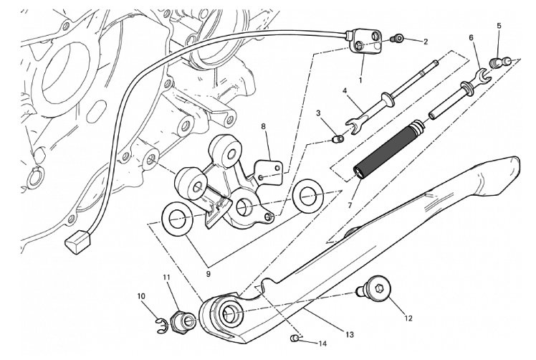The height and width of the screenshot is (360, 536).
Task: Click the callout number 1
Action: pos(360,80)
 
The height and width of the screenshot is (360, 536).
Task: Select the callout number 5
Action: pos(498,27)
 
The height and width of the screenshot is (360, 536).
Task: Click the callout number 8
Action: pos(263,127)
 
